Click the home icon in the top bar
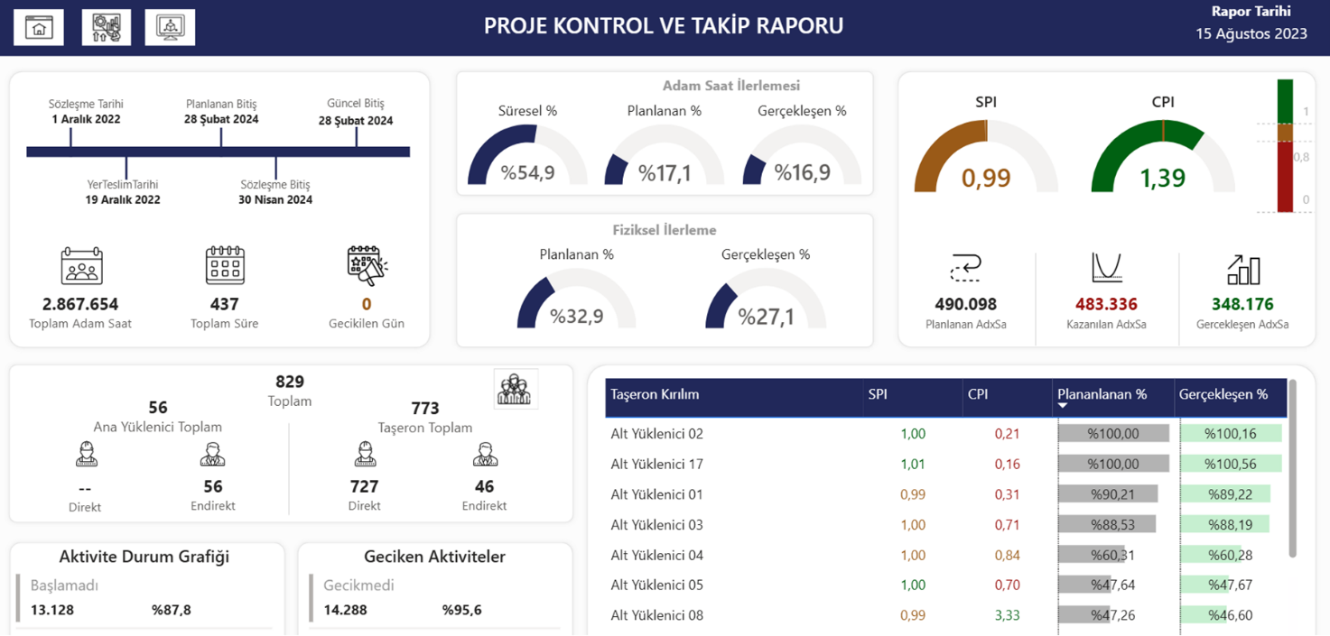point(39,28)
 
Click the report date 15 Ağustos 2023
point(1251,34)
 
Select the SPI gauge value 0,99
point(986,178)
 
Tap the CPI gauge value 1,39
point(1163,178)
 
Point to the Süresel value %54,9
point(528,172)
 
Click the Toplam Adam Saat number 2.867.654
point(80,305)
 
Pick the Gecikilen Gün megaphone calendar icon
point(367,265)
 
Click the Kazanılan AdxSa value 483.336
point(1106,305)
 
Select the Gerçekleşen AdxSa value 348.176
point(1242,305)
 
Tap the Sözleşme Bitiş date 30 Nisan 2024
point(275,200)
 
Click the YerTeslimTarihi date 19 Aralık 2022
point(123,200)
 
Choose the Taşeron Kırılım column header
point(655,395)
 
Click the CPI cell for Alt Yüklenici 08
point(1007,615)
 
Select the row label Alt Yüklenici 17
point(656,464)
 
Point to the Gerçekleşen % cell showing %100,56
point(1230,464)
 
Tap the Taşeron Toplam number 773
point(425,409)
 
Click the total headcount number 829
point(290,382)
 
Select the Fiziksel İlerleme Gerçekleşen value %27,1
point(766,317)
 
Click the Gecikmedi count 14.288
point(345,610)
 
